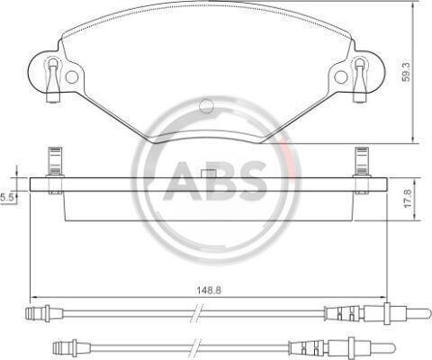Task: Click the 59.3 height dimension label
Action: click(x=407, y=71)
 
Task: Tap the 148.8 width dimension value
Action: click(x=209, y=290)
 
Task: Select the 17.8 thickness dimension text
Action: click(x=408, y=198)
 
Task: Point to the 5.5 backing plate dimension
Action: click(x=6, y=198)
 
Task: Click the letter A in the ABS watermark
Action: click(x=183, y=182)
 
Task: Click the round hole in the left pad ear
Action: click(x=72, y=77)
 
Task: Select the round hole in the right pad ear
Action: click(x=341, y=77)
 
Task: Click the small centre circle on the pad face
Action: click(x=206, y=105)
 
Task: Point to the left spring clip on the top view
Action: click(x=54, y=78)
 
